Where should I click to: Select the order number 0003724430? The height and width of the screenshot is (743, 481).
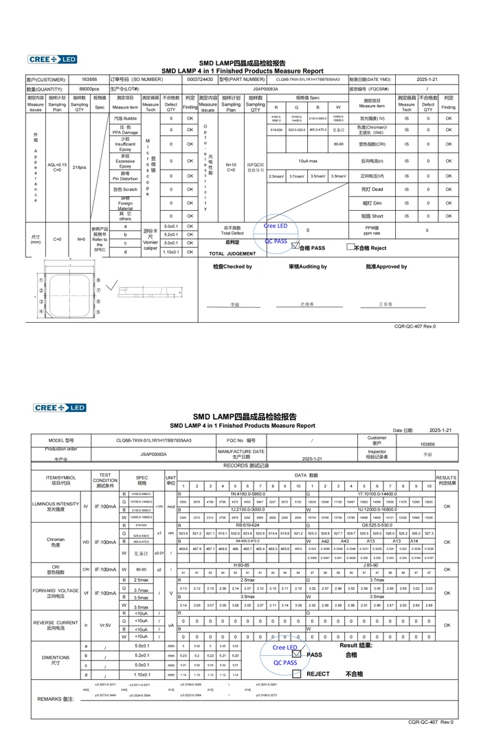click(x=200, y=80)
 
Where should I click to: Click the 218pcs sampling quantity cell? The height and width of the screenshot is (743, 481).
click(x=79, y=167)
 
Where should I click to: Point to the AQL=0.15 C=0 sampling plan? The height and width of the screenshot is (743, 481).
click(x=57, y=167)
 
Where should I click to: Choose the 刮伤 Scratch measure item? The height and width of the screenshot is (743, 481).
click(x=125, y=189)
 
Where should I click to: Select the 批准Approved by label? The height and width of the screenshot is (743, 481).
click(x=386, y=266)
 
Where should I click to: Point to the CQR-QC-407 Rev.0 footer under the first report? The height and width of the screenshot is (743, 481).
click(x=414, y=326)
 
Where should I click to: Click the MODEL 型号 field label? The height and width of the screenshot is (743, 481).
click(x=60, y=440)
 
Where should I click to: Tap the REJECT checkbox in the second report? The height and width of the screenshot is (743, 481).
click(x=296, y=674)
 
